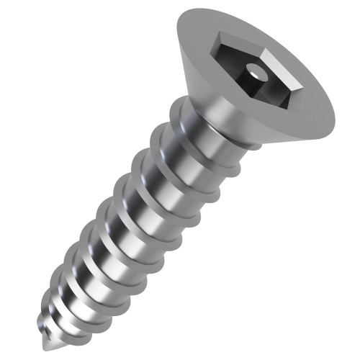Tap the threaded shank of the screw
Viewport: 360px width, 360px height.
122,216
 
